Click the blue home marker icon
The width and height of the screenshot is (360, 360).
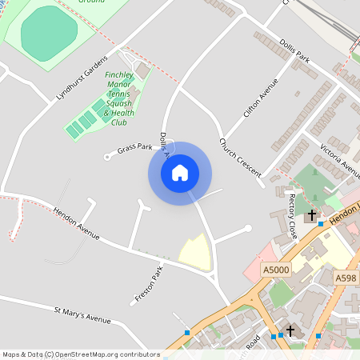179,172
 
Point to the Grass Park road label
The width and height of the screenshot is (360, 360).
134,149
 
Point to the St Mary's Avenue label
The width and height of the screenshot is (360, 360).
82,314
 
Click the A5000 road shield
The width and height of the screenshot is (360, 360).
274,270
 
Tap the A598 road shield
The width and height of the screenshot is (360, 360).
346,278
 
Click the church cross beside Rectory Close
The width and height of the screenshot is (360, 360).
312,215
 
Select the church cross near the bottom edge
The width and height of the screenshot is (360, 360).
290,330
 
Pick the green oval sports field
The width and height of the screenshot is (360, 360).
49,32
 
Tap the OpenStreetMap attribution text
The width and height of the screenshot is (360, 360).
81,354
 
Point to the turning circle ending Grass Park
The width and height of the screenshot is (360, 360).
107,156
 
